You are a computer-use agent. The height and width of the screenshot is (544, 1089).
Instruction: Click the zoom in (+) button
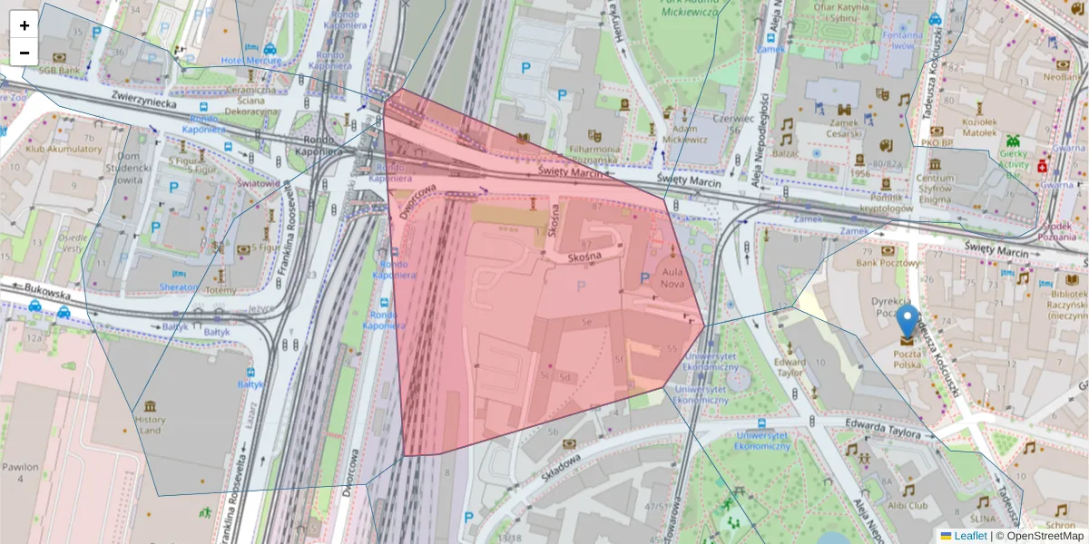[25, 25]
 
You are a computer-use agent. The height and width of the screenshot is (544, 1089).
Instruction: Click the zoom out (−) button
[25, 53]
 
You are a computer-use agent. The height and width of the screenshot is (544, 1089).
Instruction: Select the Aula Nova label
[672, 277]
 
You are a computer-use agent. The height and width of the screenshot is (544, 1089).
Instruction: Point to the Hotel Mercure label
[251, 61]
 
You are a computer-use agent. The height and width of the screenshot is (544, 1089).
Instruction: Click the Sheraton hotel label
[179, 287]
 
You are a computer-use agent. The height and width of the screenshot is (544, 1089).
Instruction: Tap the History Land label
[150, 424]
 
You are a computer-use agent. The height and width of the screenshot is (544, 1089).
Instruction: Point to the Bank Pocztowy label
[887, 263]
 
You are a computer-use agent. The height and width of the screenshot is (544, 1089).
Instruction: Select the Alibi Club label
[908, 505]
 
